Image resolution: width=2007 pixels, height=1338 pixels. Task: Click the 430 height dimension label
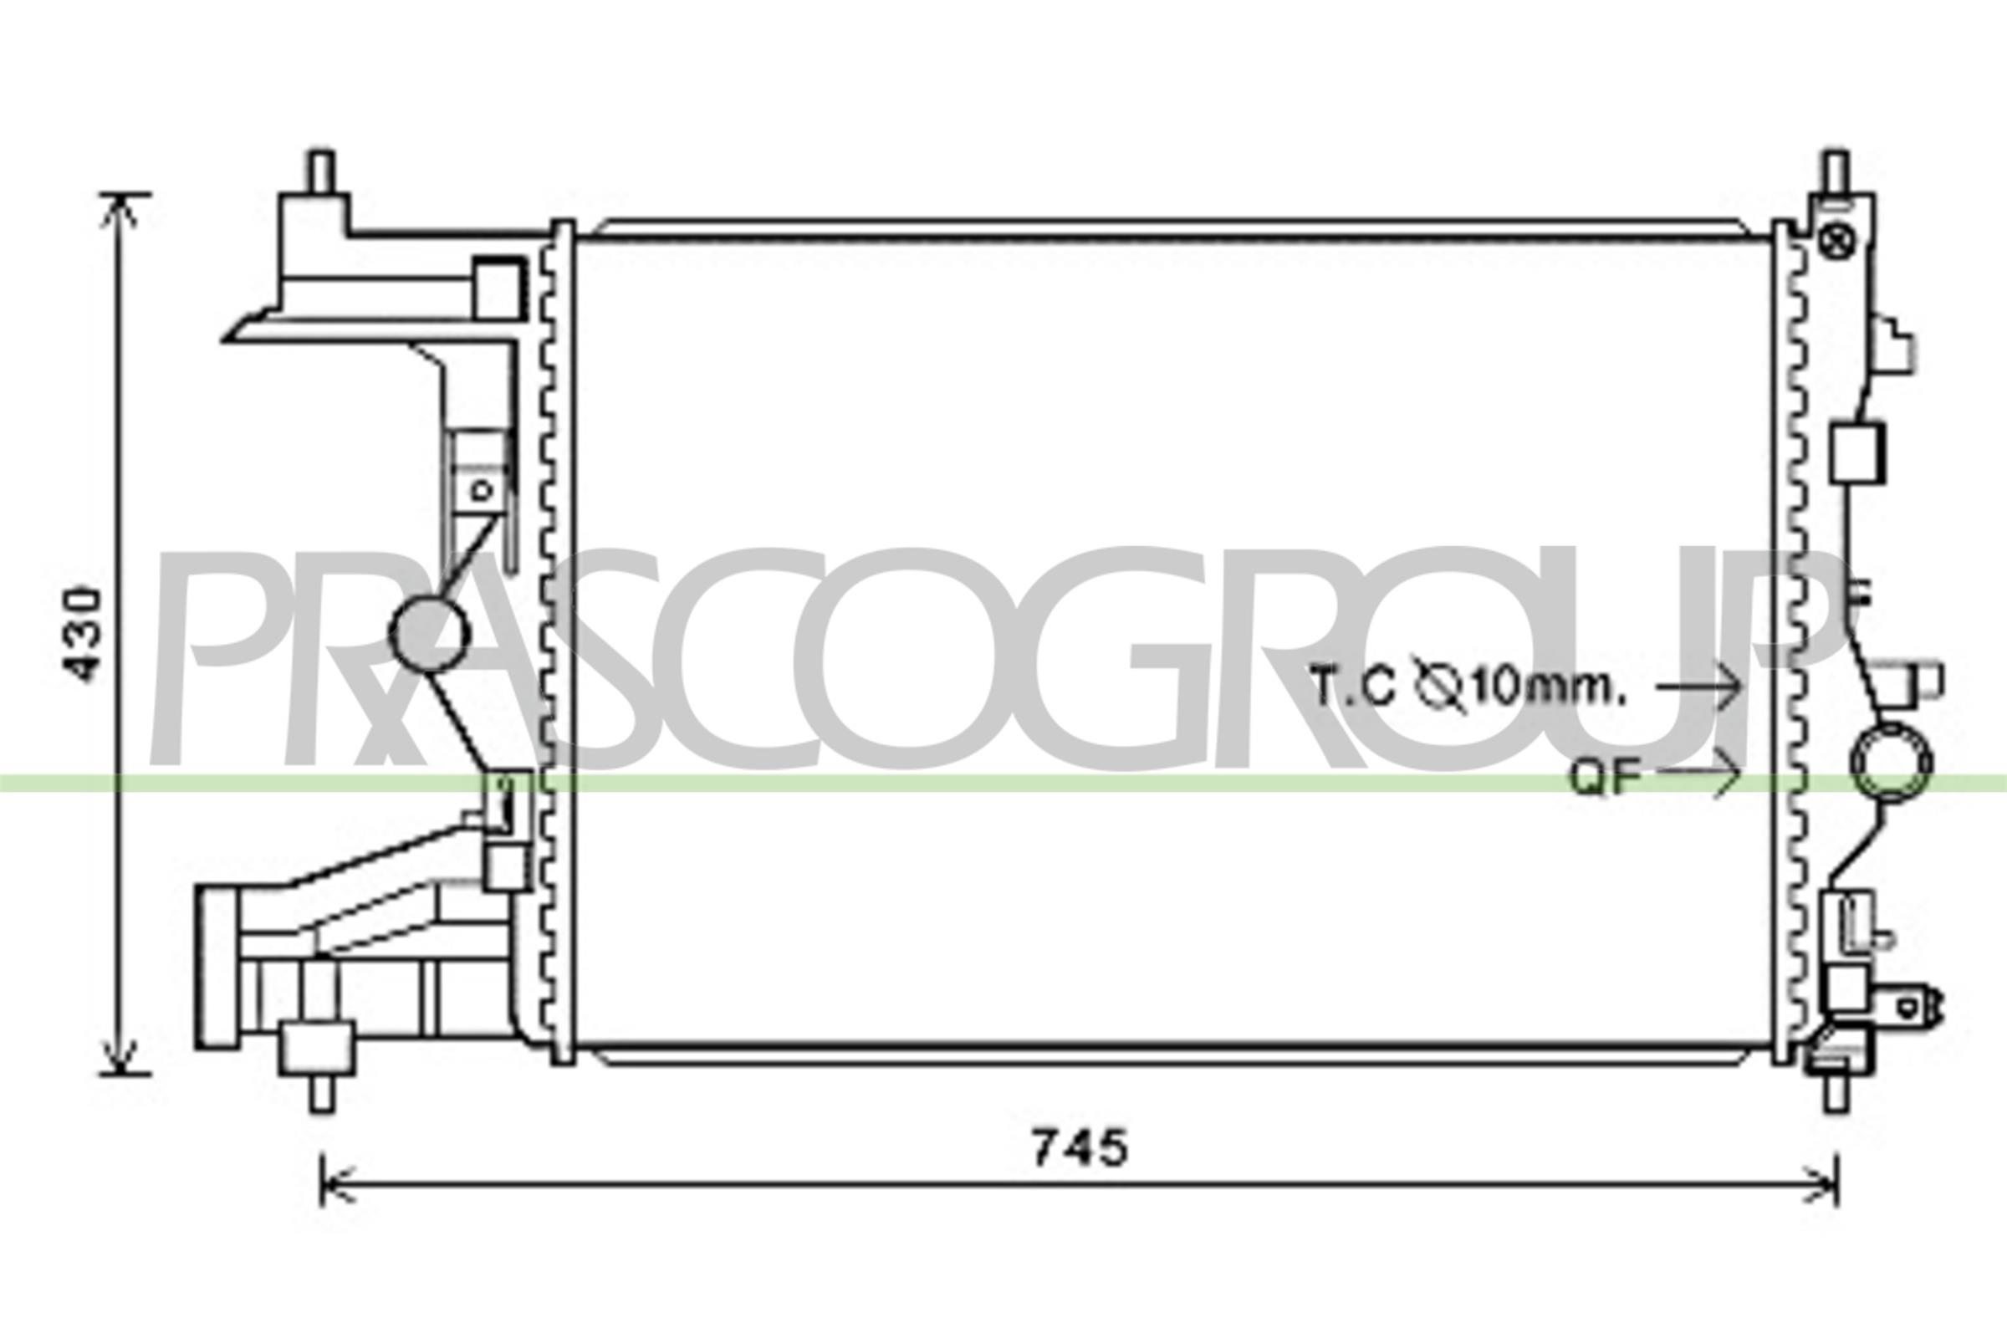tap(85, 633)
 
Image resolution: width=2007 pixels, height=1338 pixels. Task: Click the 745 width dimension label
tap(1080, 1148)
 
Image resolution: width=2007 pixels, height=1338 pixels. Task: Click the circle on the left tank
tap(429, 633)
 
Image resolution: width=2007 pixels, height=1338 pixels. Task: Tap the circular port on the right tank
tap(1890, 763)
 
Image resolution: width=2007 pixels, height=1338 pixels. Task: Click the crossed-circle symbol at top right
tap(1835, 243)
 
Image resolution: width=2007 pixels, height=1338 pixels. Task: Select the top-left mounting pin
tap(322, 172)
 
